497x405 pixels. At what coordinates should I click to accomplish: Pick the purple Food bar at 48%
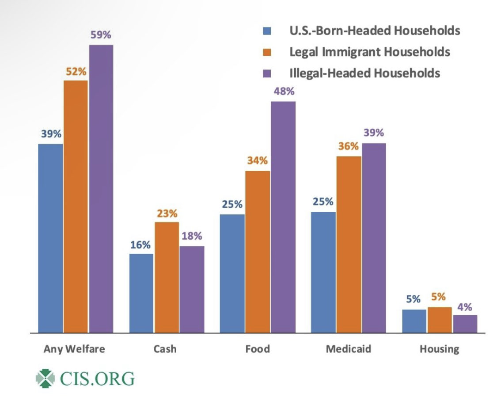[x=283, y=217]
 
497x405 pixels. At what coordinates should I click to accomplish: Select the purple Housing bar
[x=465, y=324]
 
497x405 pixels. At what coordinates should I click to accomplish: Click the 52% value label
[x=76, y=71]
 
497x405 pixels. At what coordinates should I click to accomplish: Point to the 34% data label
[x=257, y=161]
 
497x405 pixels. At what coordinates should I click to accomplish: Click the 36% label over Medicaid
[x=349, y=146]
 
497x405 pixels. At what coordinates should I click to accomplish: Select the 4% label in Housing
[x=465, y=306]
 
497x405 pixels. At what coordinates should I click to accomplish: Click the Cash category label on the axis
[x=165, y=349]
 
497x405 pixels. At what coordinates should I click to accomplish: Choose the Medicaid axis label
[x=349, y=349]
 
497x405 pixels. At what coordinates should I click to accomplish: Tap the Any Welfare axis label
[x=74, y=349]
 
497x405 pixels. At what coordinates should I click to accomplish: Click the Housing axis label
[x=439, y=349]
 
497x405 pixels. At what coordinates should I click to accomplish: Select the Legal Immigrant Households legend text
[x=369, y=52]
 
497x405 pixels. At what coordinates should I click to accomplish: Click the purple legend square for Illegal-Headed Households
[x=267, y=73]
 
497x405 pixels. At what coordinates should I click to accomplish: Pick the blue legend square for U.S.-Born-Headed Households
[x=267, y=31]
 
